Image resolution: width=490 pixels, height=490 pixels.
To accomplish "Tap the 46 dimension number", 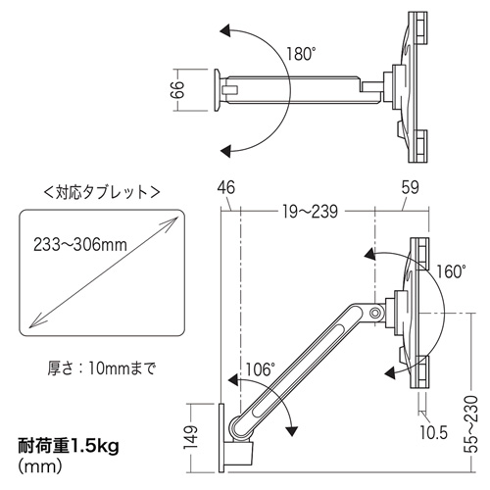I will click(x=226, y=186).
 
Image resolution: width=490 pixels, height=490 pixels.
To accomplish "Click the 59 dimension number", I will click(x=409, y=186).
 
